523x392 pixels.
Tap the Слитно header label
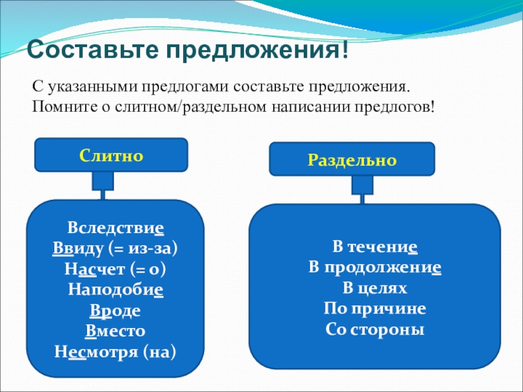coord(111,155)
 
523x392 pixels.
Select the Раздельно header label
coord(353,159)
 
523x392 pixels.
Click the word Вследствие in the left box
coord(115,230)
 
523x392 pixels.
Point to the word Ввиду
coord(73,250)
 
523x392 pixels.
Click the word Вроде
coord(115,311)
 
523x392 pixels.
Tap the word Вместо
coord(115,331)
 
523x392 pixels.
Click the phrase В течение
coord(375,248)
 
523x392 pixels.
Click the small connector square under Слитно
coord(103,180)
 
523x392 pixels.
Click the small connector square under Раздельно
coord(362,185)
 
